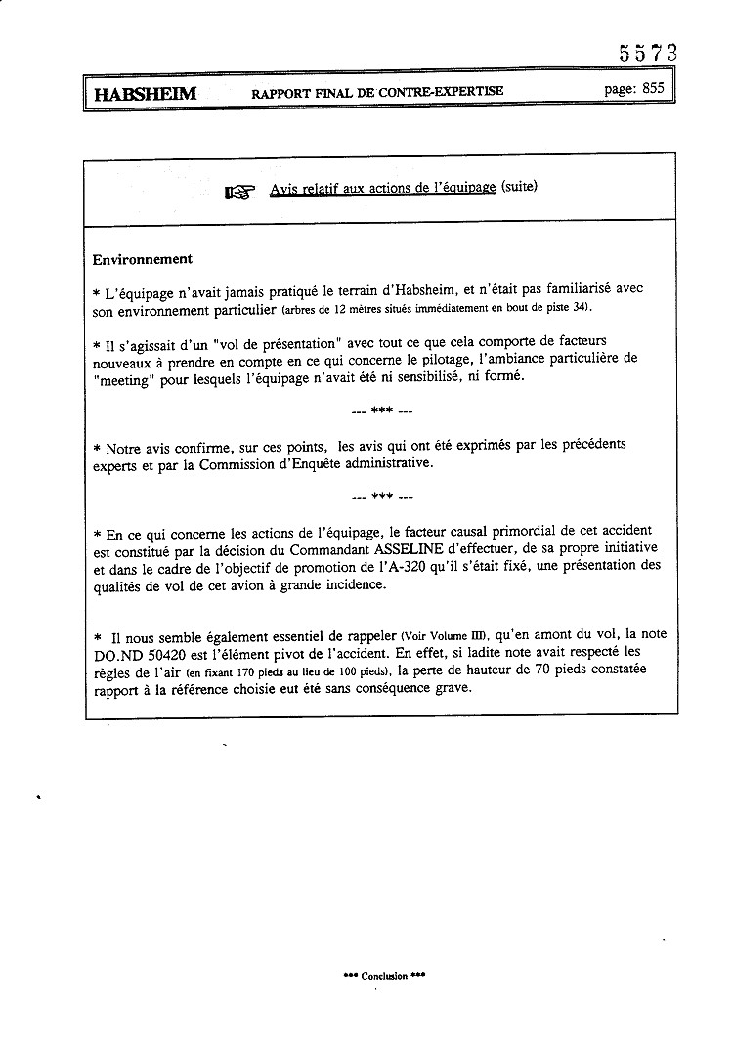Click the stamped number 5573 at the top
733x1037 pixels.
(x=647, y=53)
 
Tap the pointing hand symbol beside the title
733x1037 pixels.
(x=239, y=191)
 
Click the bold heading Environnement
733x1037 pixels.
(x=142, y=259)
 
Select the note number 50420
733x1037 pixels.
(x=185, y=654)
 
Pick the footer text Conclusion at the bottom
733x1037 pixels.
(x=384, y=976)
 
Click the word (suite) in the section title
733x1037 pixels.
(x=518, y=187)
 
